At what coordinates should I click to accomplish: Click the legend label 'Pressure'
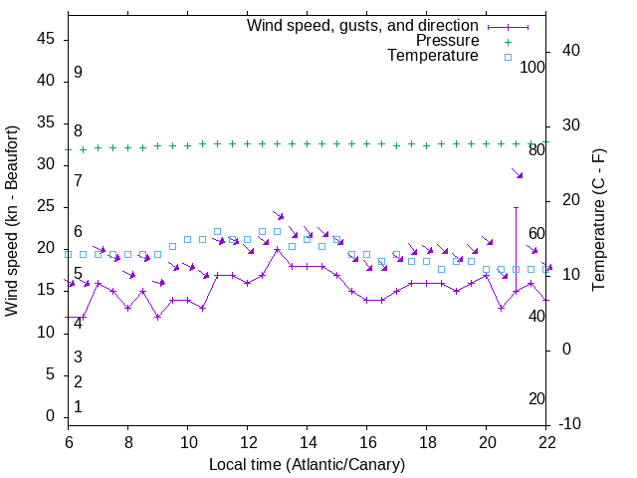pyautogui.click(x=447, y=41)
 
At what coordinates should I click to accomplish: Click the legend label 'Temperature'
pyautogui.click(x=433, y=56)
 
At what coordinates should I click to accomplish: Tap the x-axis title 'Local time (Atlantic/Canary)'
pyautogui.click(x=308, y=464)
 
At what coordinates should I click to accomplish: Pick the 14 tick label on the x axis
pyautogui.click(x=308, y=441)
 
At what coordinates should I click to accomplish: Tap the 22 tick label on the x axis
pyautogui.click(x=546, y=441)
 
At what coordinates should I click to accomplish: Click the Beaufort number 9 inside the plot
pyautogui.click(x=78, y=73)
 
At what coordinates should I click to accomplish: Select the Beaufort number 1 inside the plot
pyautogui.click(x=78, y=406)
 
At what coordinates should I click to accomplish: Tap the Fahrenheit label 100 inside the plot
pyautogui.click(x=533, y=67)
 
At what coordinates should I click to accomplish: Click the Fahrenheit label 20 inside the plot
pyautogui.click(x=536, y=398)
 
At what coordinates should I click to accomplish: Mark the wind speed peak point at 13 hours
pyautogui.click(x=278, y=249)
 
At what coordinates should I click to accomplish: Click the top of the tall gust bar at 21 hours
pyautogui.click(x=516, y=208)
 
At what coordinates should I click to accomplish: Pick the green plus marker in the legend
pyautogui.click(x=507, y=41)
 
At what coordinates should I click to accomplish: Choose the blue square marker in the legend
pyautogui.click(x=507, y=57)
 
